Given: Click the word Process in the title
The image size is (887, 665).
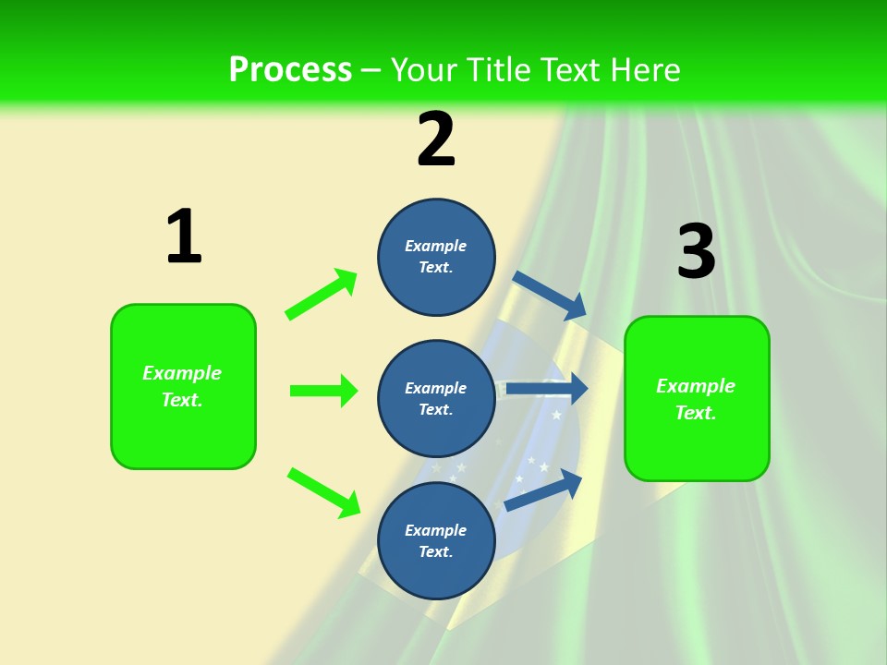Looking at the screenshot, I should (290, 70).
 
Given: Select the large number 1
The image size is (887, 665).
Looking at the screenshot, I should (184, 237).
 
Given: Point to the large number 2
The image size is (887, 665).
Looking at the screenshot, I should (436, 139).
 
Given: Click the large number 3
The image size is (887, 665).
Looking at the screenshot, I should (696, 252).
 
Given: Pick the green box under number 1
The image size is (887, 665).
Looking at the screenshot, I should (183, 386).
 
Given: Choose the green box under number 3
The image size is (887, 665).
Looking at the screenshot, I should (697, 398).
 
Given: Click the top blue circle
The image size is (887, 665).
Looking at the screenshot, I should (436, 257).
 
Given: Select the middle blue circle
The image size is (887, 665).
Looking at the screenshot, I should (436, 398).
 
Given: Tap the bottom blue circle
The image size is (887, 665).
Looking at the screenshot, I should (436, 540).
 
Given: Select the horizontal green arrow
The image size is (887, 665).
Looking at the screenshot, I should (323, 391).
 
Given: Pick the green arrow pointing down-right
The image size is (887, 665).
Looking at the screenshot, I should (324, 492).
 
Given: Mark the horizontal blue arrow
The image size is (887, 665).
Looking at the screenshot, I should (546, 389).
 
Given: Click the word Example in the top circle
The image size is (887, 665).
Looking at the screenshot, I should (436, 246).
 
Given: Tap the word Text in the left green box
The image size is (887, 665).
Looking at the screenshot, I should (181, 400).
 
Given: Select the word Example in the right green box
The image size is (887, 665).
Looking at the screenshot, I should (696, 386).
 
